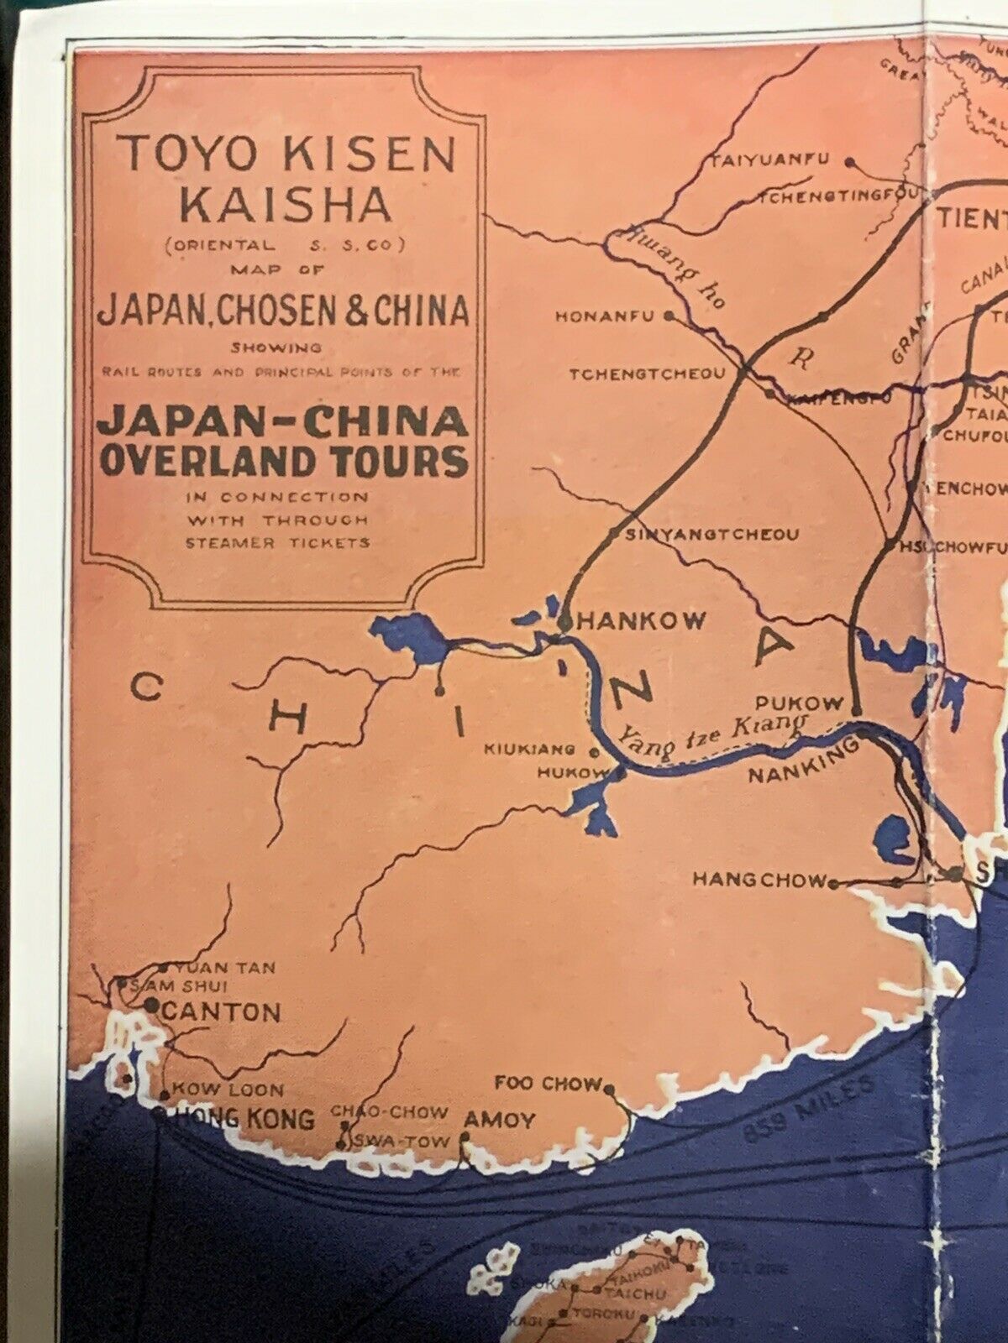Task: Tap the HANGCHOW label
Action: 759,880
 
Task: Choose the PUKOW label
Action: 799,703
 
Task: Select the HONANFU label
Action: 608,317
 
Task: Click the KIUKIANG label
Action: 529,750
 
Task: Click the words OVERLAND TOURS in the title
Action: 283,461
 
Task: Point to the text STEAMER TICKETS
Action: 278,542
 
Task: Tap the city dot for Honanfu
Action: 669,316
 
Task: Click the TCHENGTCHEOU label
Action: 646,374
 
